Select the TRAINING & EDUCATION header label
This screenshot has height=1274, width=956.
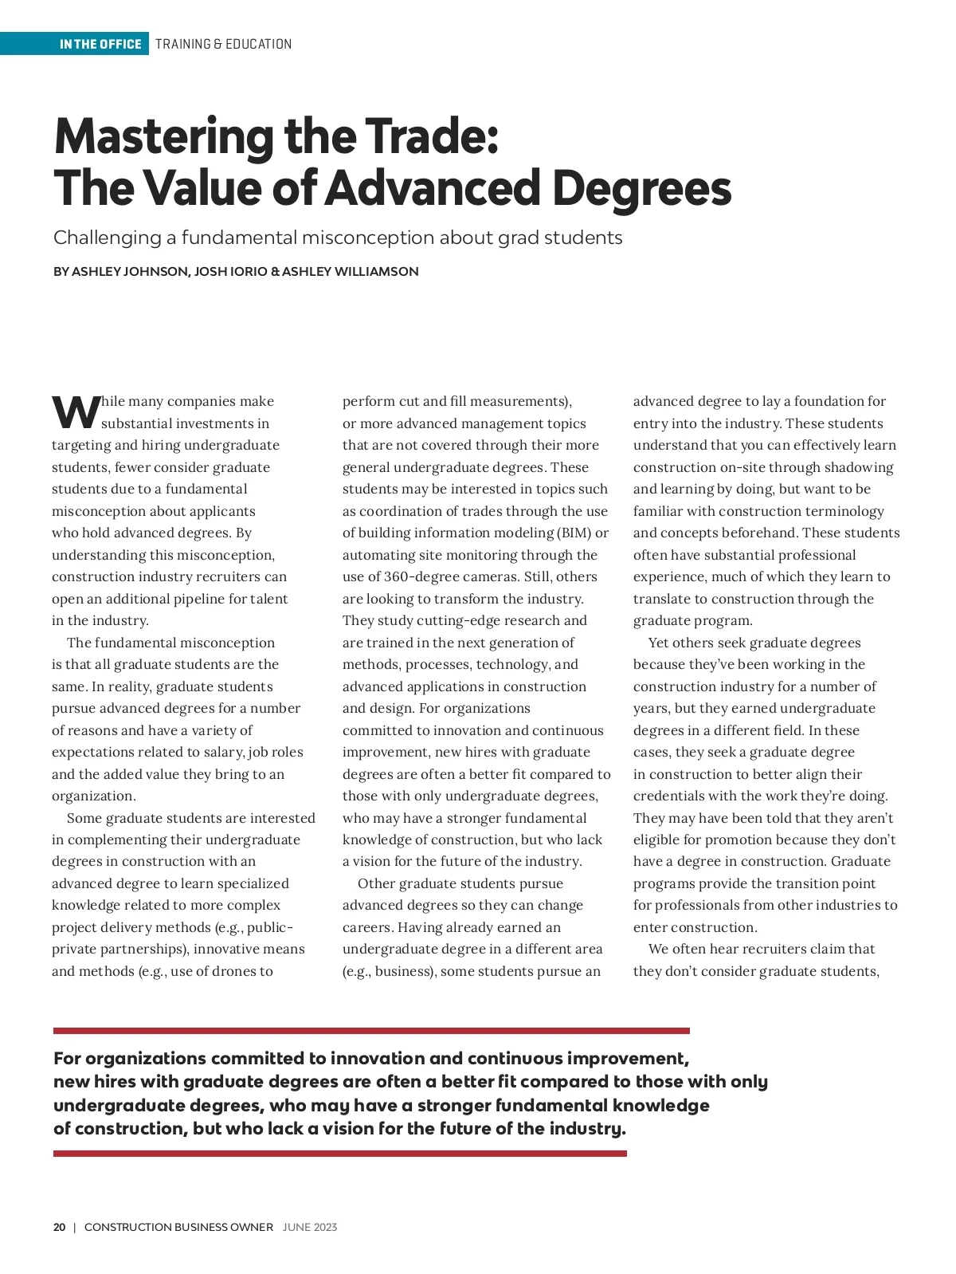pos(223,44)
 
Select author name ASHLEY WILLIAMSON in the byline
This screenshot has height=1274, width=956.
pos(350,271)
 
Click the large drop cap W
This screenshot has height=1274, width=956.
pos(76,411)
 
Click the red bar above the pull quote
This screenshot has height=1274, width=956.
pos(371,1031)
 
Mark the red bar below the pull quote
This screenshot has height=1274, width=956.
pos(339,1153)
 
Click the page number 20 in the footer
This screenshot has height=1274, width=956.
pos(60,1227)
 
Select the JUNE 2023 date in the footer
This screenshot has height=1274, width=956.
pos(310,1227)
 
